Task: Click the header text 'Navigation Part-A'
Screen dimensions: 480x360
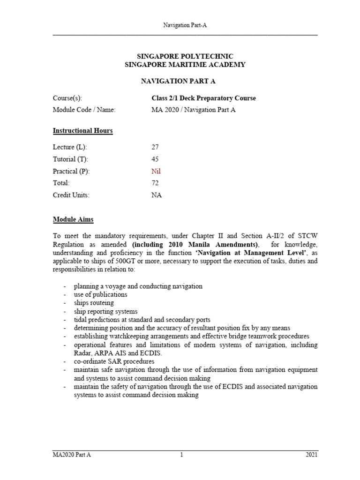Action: tap(185, 26)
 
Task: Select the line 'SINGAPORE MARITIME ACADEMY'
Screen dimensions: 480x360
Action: tap(185, 65)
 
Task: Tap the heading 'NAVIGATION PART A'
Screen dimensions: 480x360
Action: tap(178, 81)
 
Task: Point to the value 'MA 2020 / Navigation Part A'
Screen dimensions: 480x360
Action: tap(192, 110)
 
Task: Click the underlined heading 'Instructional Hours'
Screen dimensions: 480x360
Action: tap(82, 131)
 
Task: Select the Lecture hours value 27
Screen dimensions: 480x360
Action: tap(155, 147)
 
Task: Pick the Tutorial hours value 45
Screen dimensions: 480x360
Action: tap(155, 159)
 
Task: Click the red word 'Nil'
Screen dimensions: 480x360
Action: tap(156, 172)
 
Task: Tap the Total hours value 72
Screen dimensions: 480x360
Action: tap(155, 183)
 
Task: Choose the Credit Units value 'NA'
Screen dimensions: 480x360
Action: tap(156, 195)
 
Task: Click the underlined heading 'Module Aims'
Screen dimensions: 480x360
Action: tap(73, 219)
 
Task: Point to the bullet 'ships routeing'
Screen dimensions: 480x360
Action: tap(94, 303)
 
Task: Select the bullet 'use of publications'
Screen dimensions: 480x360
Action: tap(100, 294)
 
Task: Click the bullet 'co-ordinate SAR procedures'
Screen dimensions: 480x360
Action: tap(114, 361)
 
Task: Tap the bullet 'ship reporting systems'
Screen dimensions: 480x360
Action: tap(105, 311)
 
